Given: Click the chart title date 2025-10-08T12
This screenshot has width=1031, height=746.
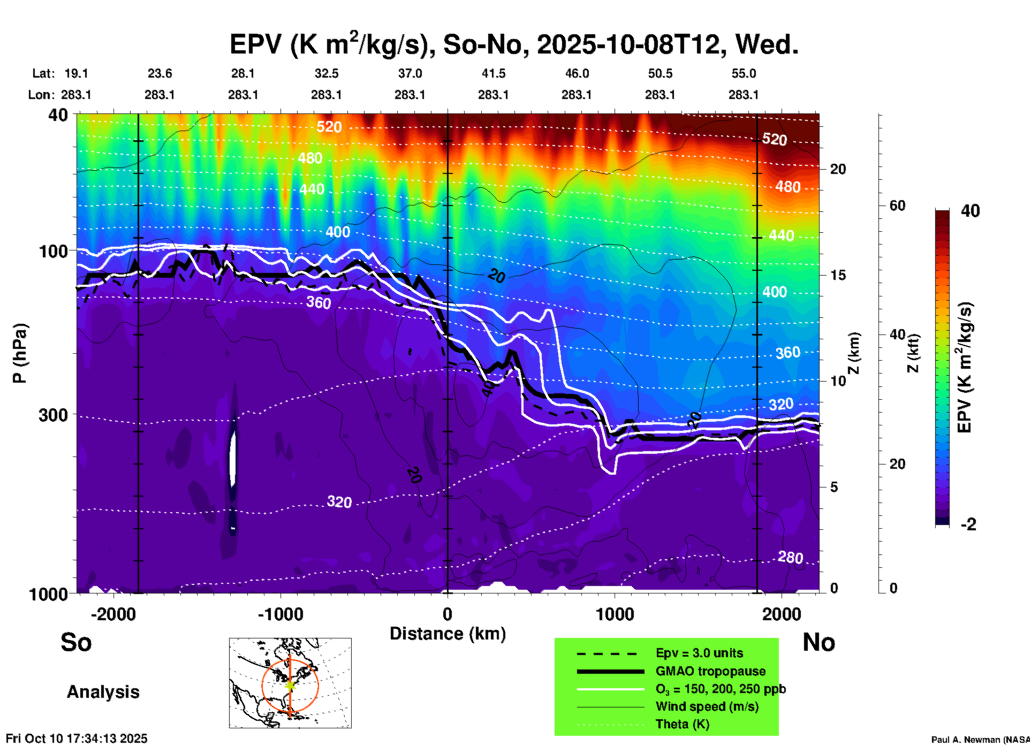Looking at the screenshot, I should (630, 44).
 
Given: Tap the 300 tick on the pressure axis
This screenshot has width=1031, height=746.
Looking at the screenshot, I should (53, 415).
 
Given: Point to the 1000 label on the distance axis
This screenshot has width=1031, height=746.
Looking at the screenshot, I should (615, 614).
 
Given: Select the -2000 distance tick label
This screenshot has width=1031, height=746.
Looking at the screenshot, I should (113, 614).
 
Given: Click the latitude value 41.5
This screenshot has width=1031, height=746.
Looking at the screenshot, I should (493, 73).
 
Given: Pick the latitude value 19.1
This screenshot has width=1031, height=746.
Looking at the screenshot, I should (76, 73).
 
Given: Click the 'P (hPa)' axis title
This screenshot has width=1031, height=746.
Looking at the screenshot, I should (20, 353).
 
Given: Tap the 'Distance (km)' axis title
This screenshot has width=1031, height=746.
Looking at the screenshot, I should (448, 634).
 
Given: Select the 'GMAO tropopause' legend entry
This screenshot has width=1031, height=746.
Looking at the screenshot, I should (710, 671).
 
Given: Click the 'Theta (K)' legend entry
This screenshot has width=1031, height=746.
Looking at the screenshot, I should (682, 724).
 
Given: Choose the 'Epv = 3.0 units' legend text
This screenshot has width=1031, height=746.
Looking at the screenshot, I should (699, 653).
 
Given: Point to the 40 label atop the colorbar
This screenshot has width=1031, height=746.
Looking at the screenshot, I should (970, 211).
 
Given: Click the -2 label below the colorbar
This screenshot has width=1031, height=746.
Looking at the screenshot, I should (968, 524).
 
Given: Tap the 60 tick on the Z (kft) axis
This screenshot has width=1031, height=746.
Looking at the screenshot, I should (897, 205).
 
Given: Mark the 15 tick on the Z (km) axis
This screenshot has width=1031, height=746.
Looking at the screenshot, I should (838, 275).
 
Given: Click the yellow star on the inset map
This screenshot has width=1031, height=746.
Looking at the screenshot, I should (290, 685).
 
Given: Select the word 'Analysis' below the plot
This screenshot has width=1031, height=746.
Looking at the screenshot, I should (103, 692).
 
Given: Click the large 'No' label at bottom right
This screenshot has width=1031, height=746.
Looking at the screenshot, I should (818, 643).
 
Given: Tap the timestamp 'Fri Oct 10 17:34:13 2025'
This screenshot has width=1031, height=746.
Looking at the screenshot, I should (77, 739).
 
